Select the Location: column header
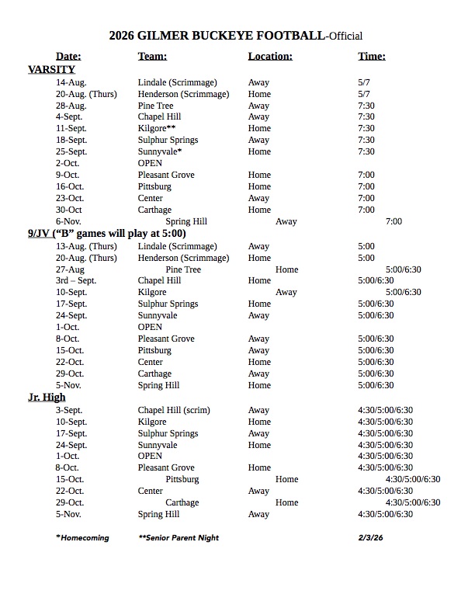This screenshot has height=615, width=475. (x=270, y=56)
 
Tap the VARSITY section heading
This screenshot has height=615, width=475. (x=51, y=69)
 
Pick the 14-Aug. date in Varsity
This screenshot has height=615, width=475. (x=71, y=82)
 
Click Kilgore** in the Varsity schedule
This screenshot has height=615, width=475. (x=157, y=129)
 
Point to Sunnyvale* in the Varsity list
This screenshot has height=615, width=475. (x=160, y=152)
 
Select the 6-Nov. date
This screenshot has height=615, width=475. (x=71, y=221)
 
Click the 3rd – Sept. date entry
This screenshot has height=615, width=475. (x=77, y=280)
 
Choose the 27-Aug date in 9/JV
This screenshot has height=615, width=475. (x=70, y=269)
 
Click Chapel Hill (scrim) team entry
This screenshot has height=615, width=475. (x=174, y=410)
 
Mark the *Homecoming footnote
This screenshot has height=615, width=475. (x=82, y=537)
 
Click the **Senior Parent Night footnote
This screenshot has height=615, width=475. (x=179, y=537)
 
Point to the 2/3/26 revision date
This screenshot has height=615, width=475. (x=370, y=537)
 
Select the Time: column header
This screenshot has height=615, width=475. (x=372, y=56)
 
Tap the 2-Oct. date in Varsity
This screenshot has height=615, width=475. (x=70, y=164)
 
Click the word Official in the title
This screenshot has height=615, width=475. (x=342, y=36)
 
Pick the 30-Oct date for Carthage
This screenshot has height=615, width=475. (x=69, y=210)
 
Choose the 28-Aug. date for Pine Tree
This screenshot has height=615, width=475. (x=71, y=106)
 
